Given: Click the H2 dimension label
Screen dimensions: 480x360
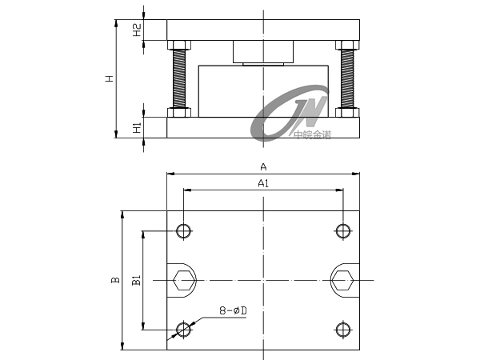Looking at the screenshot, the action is tap(137, 30).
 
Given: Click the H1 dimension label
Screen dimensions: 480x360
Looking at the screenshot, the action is tap(137, 127).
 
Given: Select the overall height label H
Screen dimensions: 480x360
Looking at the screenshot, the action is tap(110, 78).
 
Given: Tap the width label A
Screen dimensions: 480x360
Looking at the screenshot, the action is tap(263, 167).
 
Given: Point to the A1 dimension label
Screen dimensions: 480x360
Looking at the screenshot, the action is tap(263, 183).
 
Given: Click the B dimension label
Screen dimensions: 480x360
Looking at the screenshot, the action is tap(115, 280).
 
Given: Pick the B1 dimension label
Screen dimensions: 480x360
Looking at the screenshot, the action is tap(136, 280).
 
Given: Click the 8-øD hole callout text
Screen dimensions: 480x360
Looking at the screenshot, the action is tap(234, 310).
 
